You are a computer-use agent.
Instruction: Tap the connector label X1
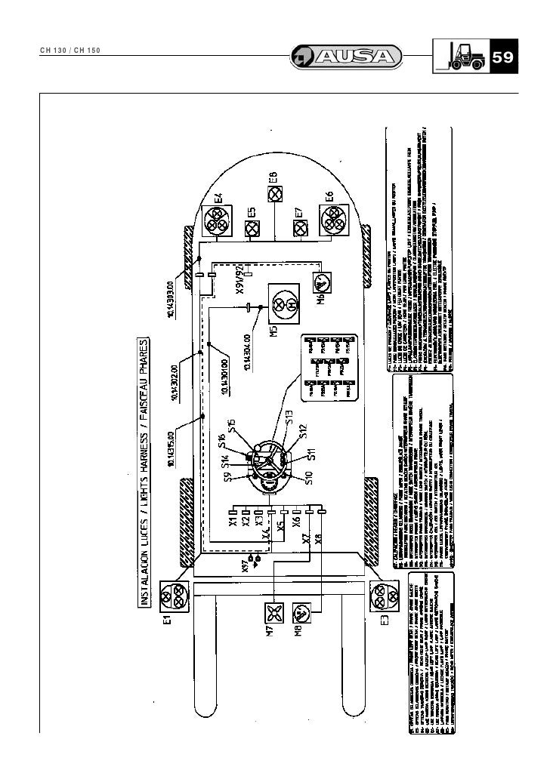click(x=234, y=521)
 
